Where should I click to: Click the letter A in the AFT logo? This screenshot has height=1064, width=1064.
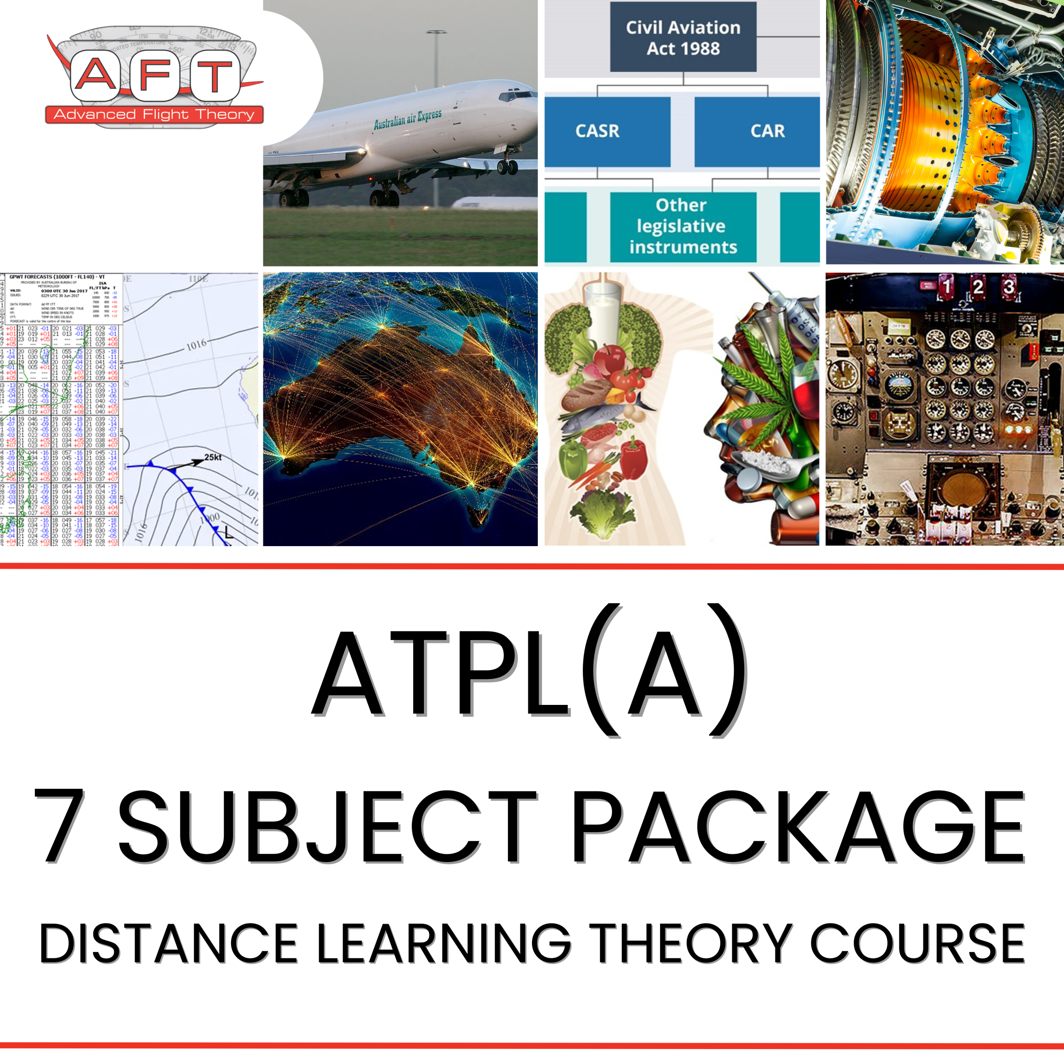(94, 76)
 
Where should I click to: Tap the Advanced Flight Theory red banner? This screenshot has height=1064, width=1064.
(154, 115)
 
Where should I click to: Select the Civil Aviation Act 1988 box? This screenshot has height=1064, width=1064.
(683, 37)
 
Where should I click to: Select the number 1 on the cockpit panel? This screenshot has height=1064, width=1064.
(946, 286)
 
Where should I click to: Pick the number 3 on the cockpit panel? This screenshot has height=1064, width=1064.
(1008, 286)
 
